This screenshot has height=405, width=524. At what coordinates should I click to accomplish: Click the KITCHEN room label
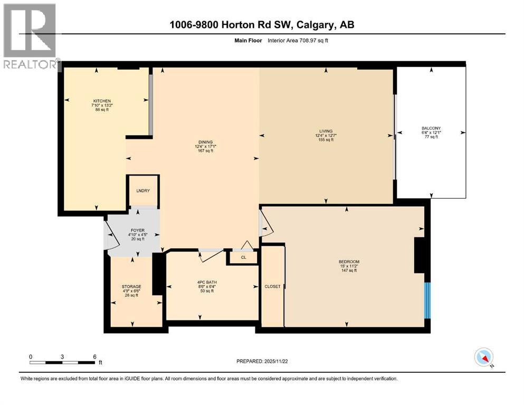[102, 100]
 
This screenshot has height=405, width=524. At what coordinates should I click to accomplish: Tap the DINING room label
[205, 141]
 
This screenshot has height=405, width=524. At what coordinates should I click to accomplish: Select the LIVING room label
[325, 131]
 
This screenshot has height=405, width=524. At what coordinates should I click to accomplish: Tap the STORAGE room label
[132, 286]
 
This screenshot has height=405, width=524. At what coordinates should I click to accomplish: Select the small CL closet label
[243, 258]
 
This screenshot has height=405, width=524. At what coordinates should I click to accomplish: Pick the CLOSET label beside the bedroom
[272, 286]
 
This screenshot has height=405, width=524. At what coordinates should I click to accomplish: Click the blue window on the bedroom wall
[428, 300]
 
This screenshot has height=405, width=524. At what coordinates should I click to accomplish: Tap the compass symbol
[483, 358]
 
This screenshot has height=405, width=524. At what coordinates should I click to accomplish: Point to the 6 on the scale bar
[95, 356]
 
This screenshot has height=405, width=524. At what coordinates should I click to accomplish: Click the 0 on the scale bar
[31, 356]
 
